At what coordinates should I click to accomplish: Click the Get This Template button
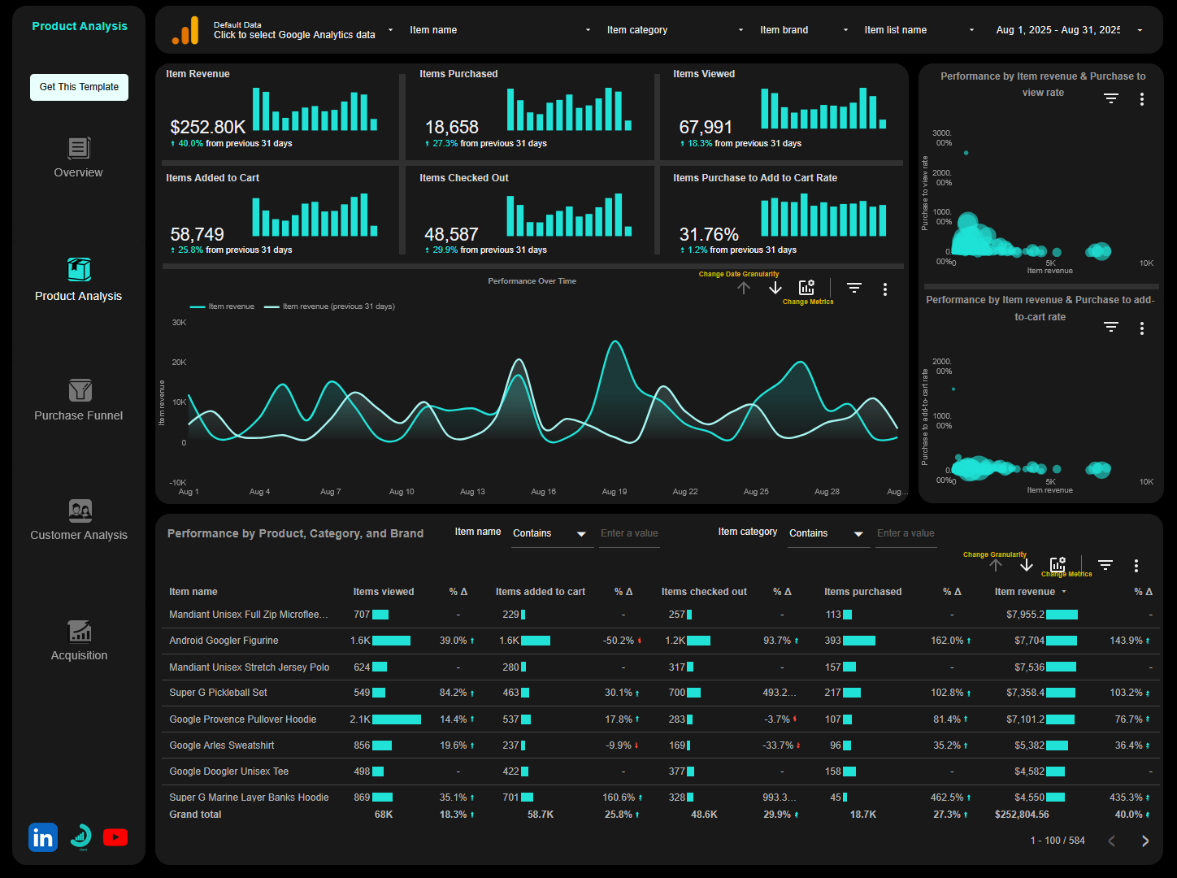(79, 87)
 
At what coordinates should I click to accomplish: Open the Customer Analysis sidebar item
(79, 520)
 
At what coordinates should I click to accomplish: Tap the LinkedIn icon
(43, 837)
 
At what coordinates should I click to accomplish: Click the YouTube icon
(115, 837)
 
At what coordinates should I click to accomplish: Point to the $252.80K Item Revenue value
(208, 128)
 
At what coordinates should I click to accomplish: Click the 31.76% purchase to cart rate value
(709, 235)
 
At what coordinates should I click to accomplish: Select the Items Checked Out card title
(464, 178)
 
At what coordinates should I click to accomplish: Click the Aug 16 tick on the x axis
(543, 492)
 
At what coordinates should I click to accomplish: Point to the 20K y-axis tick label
(179, 363)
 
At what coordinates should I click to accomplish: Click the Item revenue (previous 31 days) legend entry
(338, 306)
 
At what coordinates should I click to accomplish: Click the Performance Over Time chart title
(532, 281)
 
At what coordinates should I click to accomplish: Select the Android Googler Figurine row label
(224, 641)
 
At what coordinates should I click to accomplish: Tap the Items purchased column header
(862, 592)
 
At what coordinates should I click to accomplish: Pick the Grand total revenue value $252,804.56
(1022, 815)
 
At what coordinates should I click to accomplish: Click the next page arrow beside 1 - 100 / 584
(1145, 841)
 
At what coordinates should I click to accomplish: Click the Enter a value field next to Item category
(906, 533)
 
